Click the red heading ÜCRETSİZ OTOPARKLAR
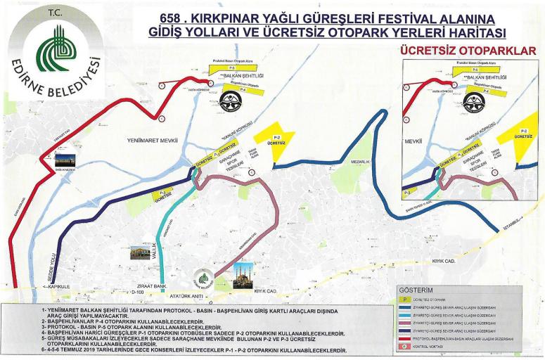[x=468, y=50]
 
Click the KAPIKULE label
[x=57, y=287]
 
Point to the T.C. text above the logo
[x=54, y=13]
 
